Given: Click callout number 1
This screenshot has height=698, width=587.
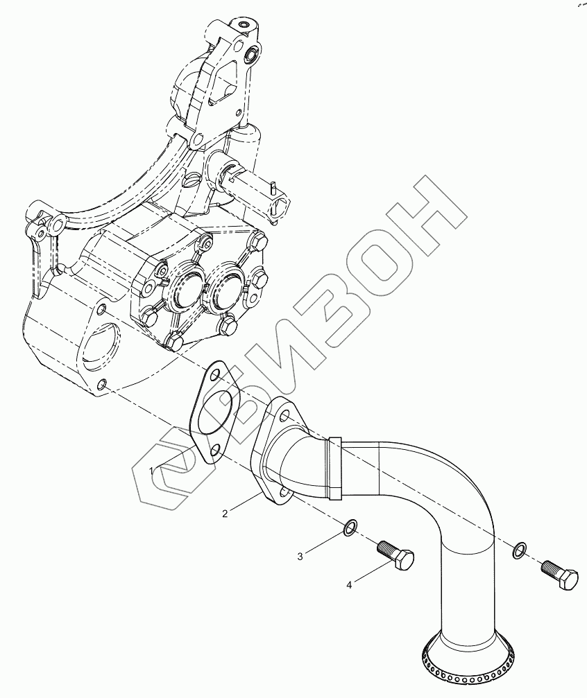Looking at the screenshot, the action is pos(151,471).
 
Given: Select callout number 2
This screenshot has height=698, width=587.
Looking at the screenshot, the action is pos(225,513).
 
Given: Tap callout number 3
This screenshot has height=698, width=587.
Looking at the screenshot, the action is pos(300,556).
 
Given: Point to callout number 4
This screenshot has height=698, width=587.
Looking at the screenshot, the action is pos(350,585).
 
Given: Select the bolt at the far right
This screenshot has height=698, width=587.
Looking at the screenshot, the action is pos(560,575).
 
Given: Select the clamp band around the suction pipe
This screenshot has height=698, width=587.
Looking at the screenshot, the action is pos(336,468).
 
